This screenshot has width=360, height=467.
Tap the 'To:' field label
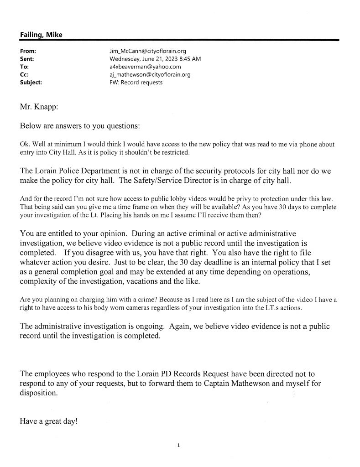(x=25, y=67)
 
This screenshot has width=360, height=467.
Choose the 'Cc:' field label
(x=25, y=75)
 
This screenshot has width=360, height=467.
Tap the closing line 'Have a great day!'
(x=49, y=421)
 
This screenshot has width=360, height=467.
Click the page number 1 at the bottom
(x=179, y=445)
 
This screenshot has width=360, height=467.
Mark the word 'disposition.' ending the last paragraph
(x=39, y=394)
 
